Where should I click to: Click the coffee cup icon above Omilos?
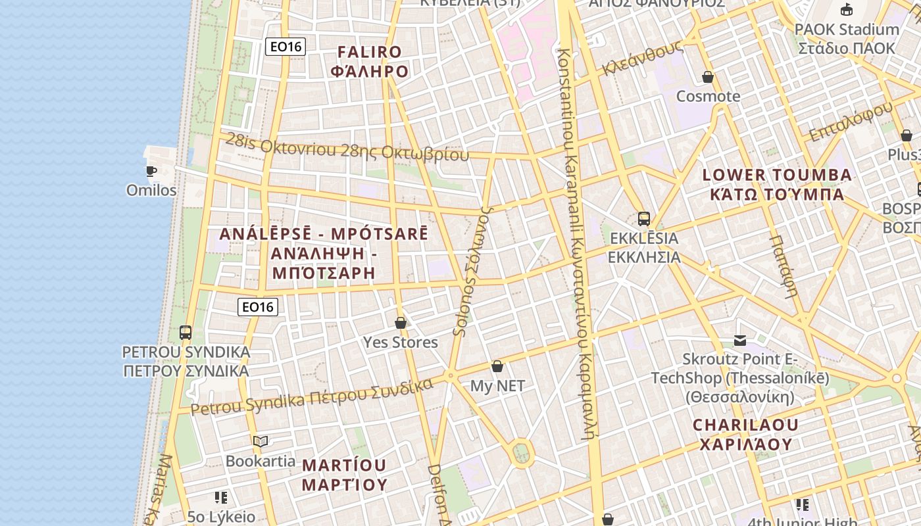[151, 171]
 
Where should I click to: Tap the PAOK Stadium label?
[846, 39]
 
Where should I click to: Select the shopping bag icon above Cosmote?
[708, 77]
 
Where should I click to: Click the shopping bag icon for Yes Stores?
[400, 323]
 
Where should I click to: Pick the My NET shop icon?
[497, 366]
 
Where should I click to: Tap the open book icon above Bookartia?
[261, 441]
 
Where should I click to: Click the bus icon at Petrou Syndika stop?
[186, 332]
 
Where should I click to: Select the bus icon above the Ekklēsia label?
[643, 219]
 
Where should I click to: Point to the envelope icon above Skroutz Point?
[740, 340]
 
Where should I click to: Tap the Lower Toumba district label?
[777, 185]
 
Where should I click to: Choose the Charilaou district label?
[746, 435]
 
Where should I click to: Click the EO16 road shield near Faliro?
[285, 47]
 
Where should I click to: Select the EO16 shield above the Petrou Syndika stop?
[258, 306]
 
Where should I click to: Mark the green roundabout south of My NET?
[521, 452]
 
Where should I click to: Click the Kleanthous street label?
[641, 60]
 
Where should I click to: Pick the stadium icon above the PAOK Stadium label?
[846, 9]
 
